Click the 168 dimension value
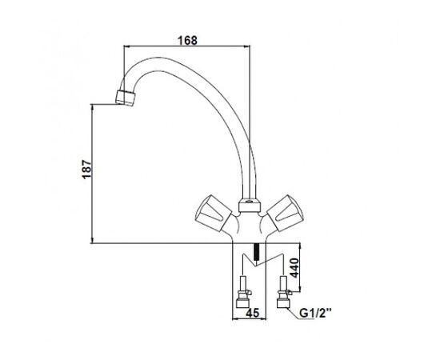coord(187,41)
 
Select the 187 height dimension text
coord(86,169)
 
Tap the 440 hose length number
coord(294,268)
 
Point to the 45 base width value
coord(252,313)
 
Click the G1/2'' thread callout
coord(315,313)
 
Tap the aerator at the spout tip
coord(125,98)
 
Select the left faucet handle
coord(213,214)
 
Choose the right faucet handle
coord(286,214)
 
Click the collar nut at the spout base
coord(249,206)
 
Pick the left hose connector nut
coord(242,303)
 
